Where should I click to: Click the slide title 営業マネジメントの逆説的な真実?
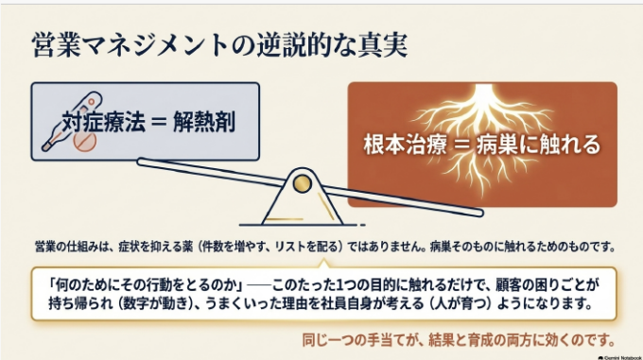click(219, 44)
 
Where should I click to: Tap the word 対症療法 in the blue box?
click(103, 122)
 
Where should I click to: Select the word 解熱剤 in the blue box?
click(204, 122)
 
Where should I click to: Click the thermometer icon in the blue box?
click(72, 121)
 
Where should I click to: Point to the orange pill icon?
click(85, 142)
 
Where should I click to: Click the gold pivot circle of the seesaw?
click(303, 183)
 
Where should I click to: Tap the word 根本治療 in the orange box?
click(405, 145)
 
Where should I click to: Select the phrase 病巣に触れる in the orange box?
click(538, 145)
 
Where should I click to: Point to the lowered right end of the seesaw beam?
click(479, 213)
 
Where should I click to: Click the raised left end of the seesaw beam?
click(142, 162)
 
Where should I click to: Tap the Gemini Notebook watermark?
click(619, 357)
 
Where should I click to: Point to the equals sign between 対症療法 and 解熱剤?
click(159, 122)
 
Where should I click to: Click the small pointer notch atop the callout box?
click(323, 263)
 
